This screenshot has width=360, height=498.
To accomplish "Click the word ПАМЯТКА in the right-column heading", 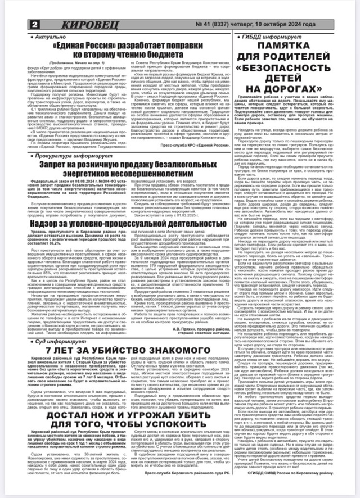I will (x=292, y=47).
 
